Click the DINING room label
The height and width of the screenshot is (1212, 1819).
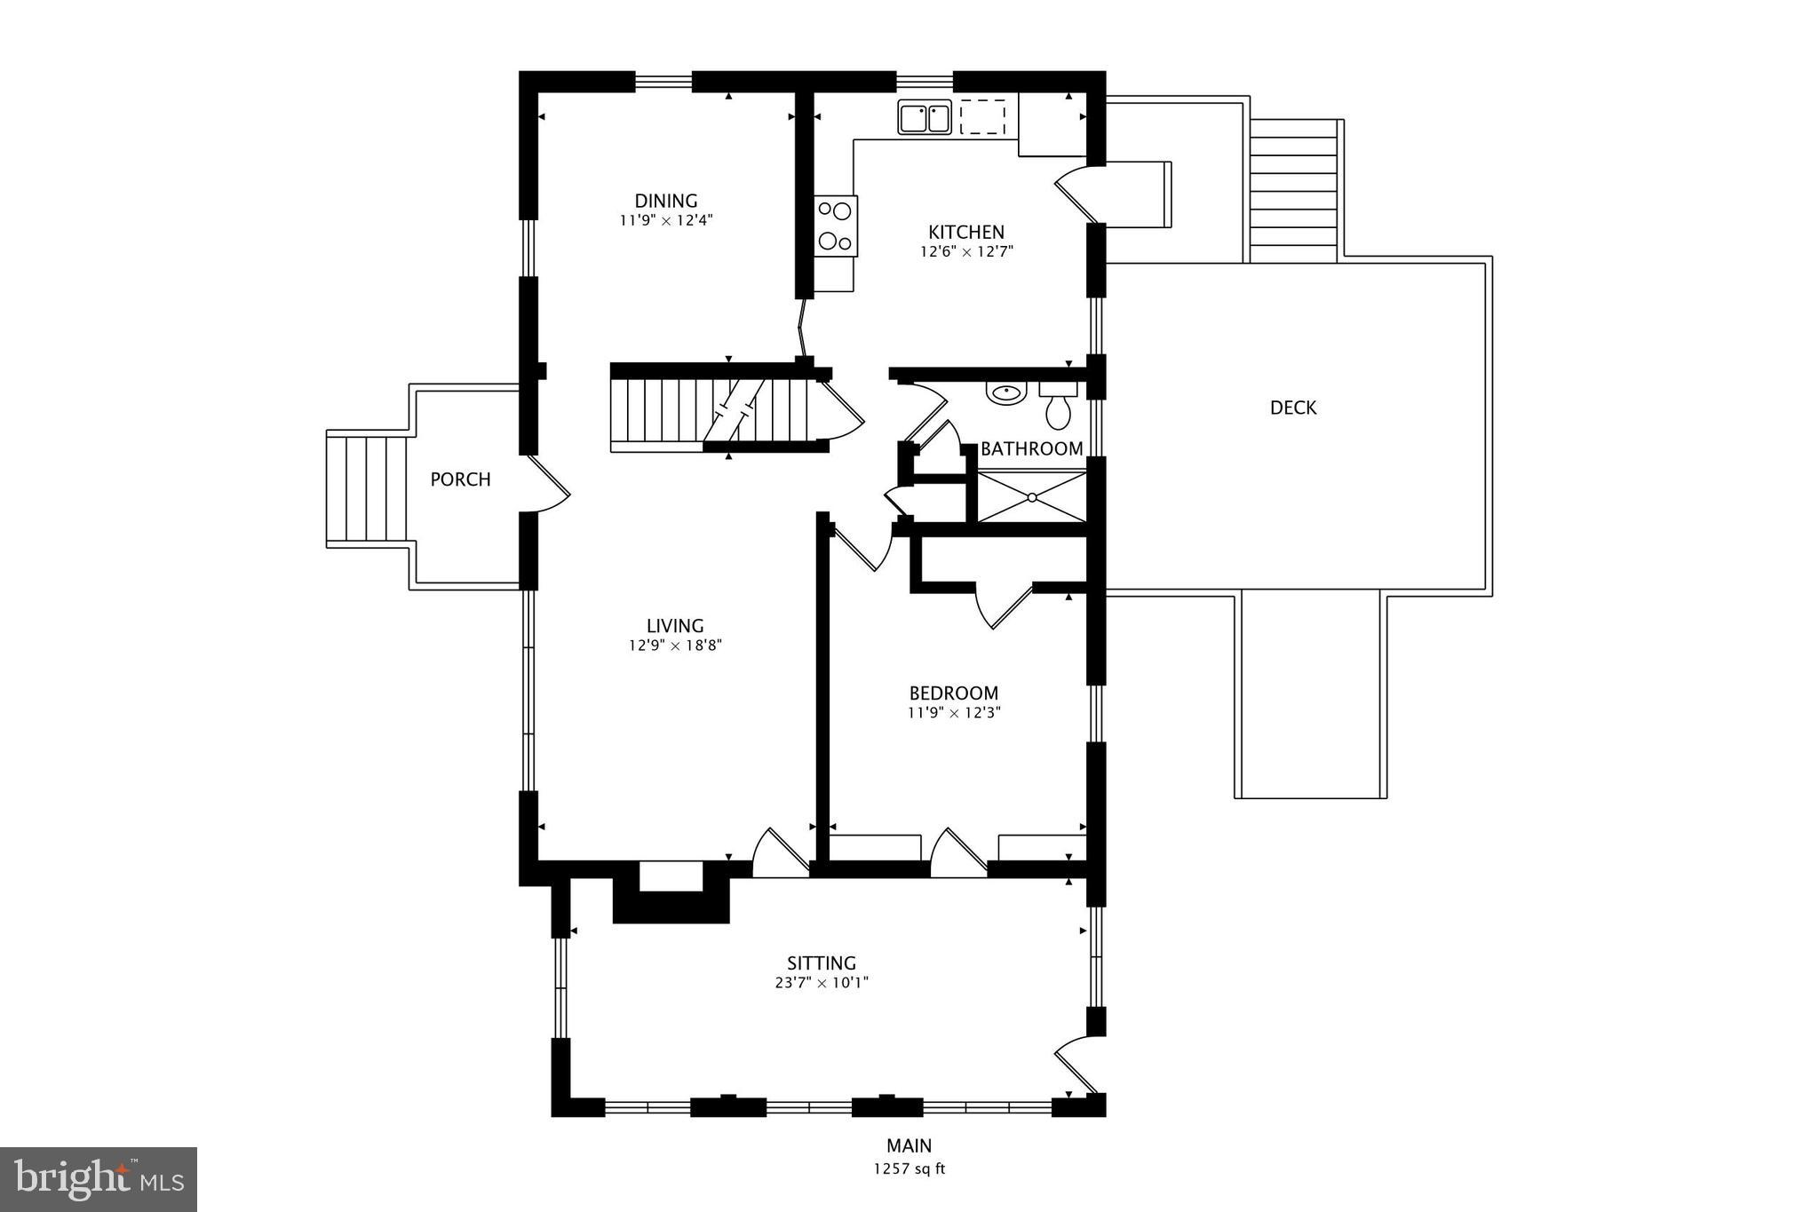point(665,201)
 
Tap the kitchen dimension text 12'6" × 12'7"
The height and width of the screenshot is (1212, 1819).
point(966,251)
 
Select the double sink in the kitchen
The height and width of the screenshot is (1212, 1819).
point(925,117)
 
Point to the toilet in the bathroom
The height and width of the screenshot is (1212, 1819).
point(1058,409)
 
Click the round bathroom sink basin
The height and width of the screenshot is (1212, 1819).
point(1006,392)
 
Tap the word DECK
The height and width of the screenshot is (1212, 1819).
point(1292,408)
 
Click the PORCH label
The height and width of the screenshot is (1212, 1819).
point(460,479)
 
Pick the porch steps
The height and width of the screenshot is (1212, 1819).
point(367,487)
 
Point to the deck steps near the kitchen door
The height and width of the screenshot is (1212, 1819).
point(1293,190)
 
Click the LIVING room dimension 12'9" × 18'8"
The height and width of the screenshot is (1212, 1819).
point(675,646)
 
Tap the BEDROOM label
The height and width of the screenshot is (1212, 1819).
point(953,693)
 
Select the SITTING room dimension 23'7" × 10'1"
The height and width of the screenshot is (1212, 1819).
point(821,983)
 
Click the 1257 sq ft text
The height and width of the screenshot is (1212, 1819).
point(909,1168)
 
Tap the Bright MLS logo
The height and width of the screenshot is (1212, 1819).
point(99,1179)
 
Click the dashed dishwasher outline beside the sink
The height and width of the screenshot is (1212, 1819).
point(982,117)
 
